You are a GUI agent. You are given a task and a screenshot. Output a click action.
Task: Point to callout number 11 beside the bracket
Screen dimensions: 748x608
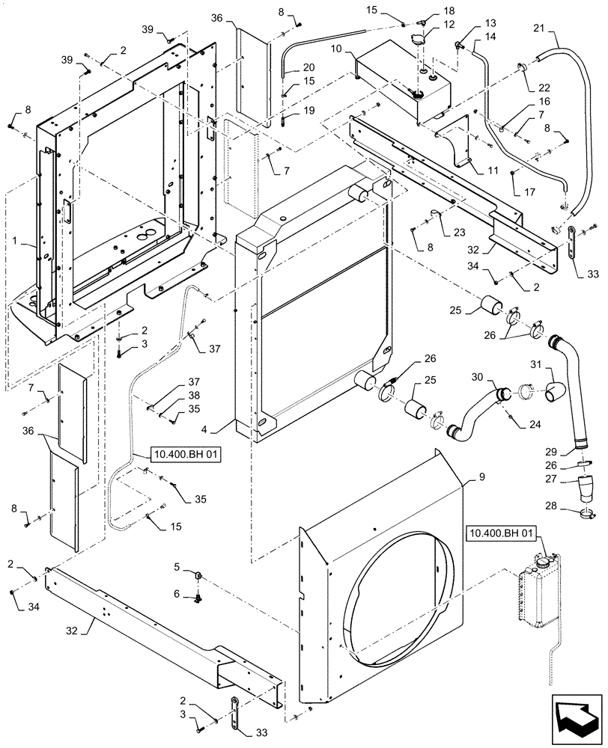(492, 171)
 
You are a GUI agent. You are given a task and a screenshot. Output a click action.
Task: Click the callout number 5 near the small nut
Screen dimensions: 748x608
(177, 568)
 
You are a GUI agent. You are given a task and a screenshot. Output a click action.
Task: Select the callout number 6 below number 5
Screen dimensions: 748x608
(177, 593)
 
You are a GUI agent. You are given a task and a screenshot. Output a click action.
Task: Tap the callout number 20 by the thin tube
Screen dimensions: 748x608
(308, 67)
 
